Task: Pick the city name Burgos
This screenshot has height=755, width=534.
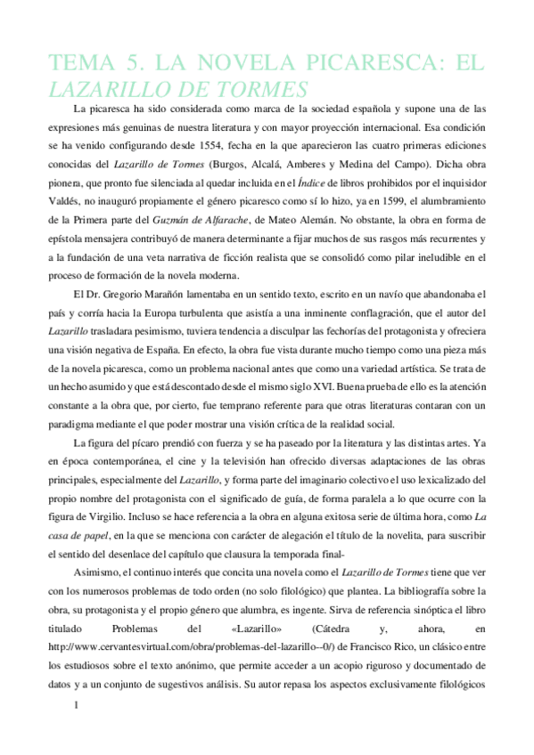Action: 229,165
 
